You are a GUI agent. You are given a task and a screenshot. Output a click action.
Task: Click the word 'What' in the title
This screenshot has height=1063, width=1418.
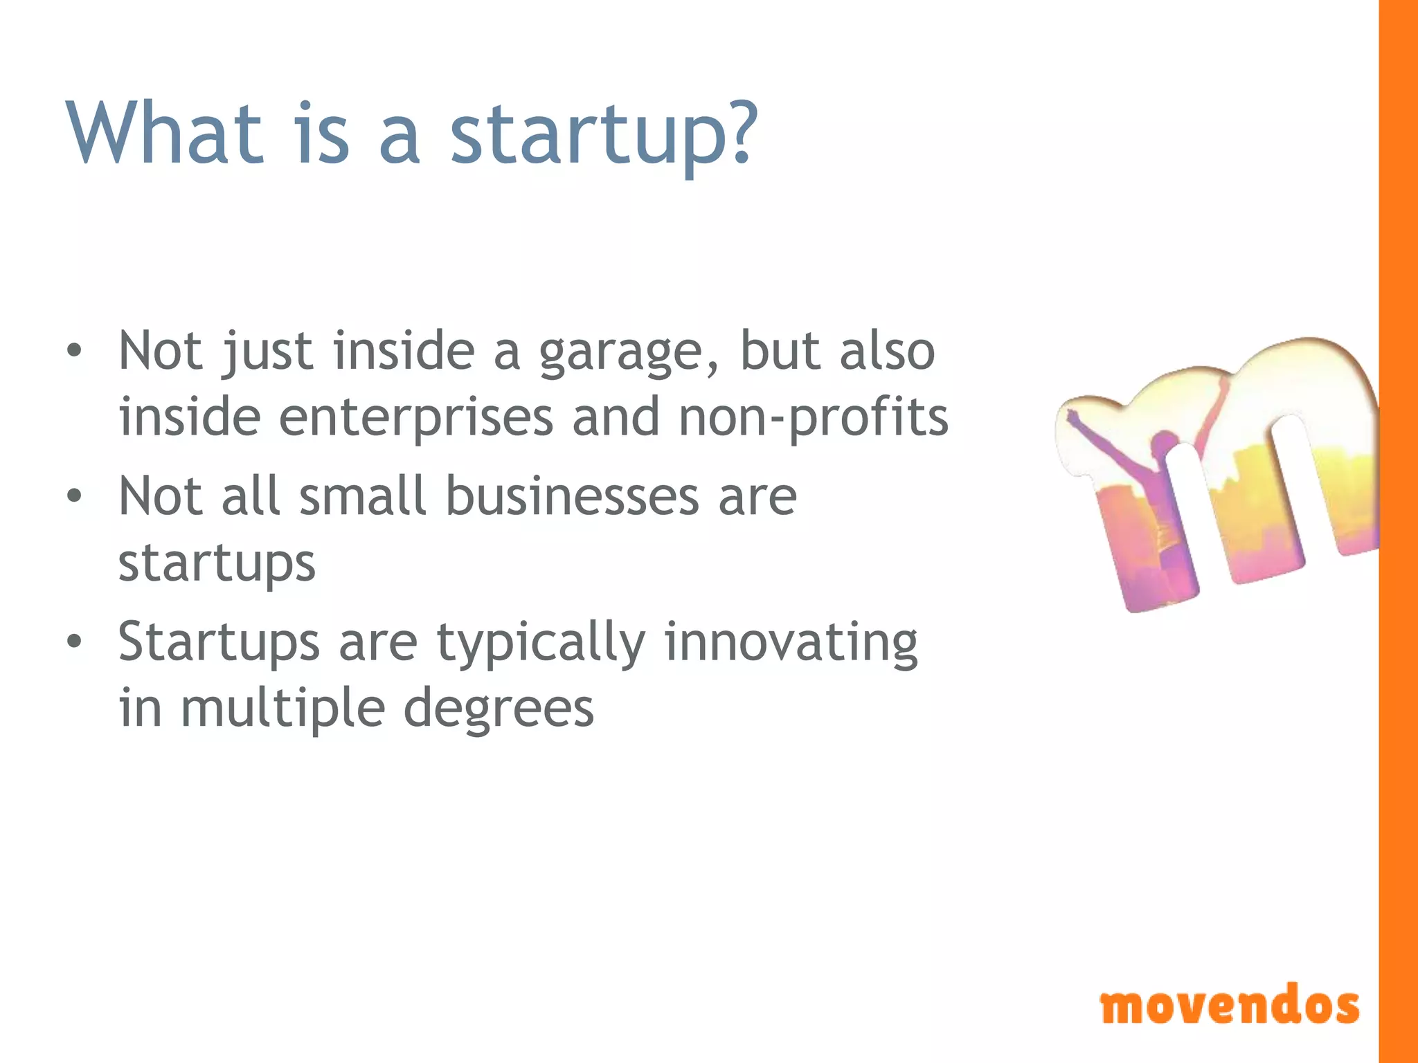(x=165, y=133)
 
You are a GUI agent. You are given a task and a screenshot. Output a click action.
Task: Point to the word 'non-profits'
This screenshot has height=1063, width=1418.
(x=813, y=419)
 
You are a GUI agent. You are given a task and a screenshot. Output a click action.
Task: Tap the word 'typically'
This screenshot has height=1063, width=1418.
(x=541, y=644)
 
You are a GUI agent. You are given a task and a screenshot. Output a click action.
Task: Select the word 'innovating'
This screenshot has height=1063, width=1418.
(x=791, y=644)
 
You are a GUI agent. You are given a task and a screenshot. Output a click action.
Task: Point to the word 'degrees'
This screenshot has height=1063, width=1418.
(x=499, y=710)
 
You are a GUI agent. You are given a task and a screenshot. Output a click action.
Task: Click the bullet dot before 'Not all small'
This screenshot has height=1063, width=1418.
(x=74, y=496)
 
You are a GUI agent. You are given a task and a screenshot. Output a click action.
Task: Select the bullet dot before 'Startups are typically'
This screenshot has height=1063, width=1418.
(x=74, y=642)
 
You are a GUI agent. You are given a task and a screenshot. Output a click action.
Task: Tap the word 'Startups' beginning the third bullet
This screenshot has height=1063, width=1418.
(x=219, y=644)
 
